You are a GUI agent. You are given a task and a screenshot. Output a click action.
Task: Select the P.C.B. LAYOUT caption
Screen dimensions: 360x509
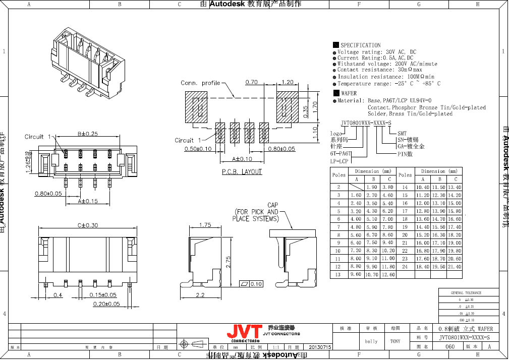tap(242, 172)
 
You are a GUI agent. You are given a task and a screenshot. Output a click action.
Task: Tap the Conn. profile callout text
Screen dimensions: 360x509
tap(200, 83)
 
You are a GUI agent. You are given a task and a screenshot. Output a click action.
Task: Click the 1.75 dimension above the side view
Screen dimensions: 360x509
tap(205, 225)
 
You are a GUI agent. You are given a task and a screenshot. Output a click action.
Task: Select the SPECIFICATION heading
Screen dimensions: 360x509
tap(360, 45)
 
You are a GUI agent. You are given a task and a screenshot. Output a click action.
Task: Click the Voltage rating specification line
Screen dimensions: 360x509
tap(376, 52)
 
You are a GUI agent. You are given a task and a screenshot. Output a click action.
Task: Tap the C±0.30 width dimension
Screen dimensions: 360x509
tap(88, 225)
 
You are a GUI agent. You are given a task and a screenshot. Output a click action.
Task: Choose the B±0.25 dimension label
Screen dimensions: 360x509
tap(88, 134)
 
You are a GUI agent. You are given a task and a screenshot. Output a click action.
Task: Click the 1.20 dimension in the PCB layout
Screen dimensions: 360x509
tap(288, 82)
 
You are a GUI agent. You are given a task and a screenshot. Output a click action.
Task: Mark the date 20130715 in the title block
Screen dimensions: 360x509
tap(320, 347)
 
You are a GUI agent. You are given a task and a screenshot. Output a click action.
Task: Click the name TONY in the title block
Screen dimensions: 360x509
tap(395, 341)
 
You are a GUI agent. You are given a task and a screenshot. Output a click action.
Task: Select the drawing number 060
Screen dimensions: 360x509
tap(450, 347)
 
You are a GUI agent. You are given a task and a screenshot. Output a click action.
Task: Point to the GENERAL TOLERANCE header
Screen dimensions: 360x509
tap(466, 292)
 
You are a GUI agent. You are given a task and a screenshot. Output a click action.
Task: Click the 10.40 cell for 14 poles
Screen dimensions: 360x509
tap(423, 187)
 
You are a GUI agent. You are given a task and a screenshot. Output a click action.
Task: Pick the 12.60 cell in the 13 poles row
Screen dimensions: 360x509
tap(388, 275)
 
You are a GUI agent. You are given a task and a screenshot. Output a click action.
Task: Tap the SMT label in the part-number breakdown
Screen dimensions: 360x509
tap(402, 133)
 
